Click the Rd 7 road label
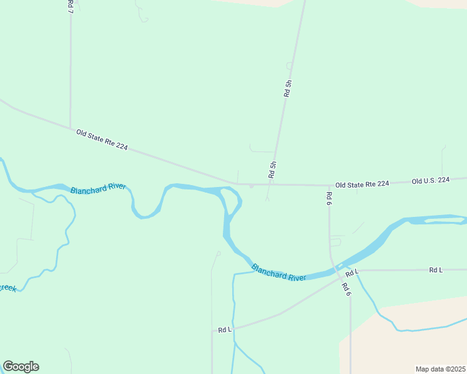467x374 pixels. (x=69, y=7)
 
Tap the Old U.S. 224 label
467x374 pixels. (x=430, y=181)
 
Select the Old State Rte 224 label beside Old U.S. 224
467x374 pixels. (x=362, y=184)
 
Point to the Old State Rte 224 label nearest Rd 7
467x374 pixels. (x=102, y=140)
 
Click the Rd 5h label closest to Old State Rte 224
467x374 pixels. (x=272, y=170)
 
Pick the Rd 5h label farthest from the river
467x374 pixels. (x=287, y=88)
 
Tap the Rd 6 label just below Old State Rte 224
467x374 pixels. (x=328, y=198)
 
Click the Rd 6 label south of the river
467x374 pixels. (x=345, y=289)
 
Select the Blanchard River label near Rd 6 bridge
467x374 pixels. (x=279, y=272)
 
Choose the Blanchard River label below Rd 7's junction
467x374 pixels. (x=98, y=189)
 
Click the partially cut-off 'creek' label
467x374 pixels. (x=7, y=287)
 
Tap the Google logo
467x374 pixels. (x=21, y=367)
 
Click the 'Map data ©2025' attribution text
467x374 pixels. (x=440, y=369)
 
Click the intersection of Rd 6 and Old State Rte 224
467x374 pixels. (x=329, y=185)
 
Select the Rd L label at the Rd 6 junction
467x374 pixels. (x=352, y=273)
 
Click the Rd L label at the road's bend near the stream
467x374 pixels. (x=225, y=329)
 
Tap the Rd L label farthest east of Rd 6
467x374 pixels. (x=436, y=270)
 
